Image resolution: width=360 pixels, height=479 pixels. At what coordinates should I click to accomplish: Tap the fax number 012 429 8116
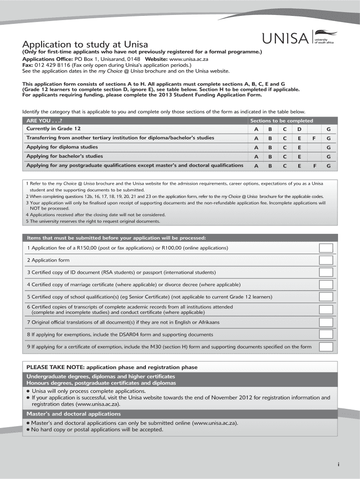(50, 65)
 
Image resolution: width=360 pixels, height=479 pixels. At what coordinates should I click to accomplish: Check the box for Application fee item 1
(326, 248)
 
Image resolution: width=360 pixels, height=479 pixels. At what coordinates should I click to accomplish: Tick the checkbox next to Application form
(326, 260)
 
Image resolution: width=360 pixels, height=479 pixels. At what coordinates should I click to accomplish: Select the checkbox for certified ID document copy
(326, 272)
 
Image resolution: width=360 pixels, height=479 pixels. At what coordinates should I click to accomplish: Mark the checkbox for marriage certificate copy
(326, 284)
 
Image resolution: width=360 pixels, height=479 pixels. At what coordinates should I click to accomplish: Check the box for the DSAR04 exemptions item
(326, 334)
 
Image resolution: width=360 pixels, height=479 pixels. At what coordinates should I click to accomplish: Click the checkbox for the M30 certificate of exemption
(326, 347)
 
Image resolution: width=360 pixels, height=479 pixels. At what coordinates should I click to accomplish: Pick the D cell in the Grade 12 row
(299, 129)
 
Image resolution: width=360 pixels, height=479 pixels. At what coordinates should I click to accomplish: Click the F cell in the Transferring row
(314, 138)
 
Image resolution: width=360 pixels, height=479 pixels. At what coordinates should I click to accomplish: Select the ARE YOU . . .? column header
(44, 120)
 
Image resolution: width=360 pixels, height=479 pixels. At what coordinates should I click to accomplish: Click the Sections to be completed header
(281, 120)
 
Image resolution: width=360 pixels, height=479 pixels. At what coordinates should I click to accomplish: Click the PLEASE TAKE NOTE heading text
(112, 367)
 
